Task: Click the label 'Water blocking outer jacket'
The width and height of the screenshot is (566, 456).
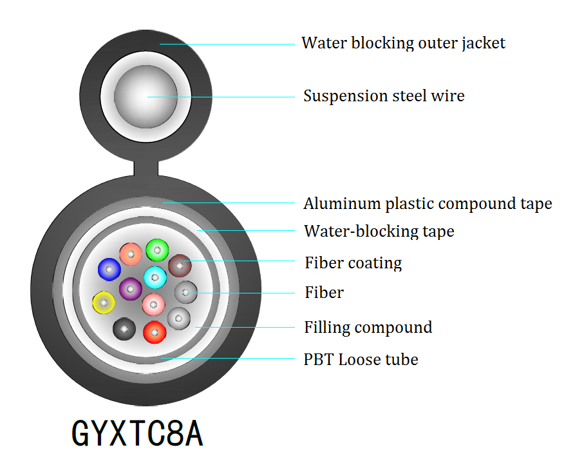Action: tap(403, 43)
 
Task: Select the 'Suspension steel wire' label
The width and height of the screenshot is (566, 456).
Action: tap(384, 96)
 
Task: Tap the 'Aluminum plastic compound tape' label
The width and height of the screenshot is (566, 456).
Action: tap(428, 204)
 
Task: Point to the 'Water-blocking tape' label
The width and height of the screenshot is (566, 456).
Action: tap(379, 231)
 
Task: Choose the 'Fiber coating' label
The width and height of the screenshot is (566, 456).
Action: tap(353, 263)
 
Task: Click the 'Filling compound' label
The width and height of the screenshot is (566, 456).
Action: tap(368, 327)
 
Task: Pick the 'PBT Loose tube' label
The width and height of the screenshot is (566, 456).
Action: tap(361, 359)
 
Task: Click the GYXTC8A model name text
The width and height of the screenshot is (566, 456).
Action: tap(137, 433)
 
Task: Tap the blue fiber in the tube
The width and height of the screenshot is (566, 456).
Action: tap(109, 269)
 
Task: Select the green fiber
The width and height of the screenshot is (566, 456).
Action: tap(156, 250)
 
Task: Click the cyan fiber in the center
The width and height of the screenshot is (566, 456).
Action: tap(155, 278)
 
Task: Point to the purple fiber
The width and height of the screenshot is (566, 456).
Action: tap(131, 288)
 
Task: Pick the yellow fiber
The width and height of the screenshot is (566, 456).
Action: tap(104, 302)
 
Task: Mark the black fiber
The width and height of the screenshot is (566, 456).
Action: tap(124, 329)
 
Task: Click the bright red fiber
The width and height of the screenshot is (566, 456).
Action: tap(155, 332)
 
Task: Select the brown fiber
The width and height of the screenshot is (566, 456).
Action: tap(180, 265)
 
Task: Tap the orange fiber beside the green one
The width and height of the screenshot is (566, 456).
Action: tap(131, 254)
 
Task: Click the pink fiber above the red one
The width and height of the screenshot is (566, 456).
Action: tap(153, 304)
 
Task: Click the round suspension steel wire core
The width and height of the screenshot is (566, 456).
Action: tap(146, 97)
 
